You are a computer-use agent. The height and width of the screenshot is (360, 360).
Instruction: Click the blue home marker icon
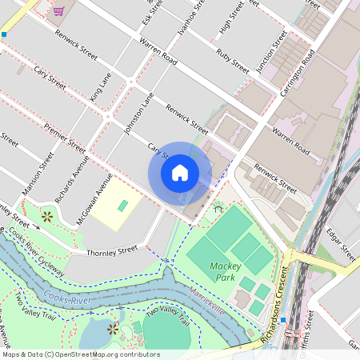click(180, 173)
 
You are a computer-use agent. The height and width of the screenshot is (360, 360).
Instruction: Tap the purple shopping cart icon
click(58, 10)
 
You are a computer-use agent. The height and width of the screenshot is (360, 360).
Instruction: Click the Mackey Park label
click(226, 270)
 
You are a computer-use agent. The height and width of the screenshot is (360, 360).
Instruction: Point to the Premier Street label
click(65, 138)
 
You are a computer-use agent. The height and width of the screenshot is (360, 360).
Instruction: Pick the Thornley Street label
click(113, 251)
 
